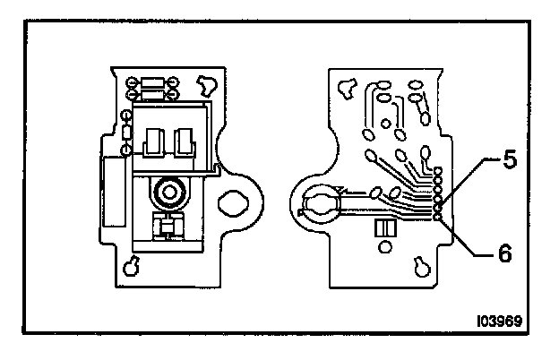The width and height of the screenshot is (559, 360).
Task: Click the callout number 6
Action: [x=505, y=253]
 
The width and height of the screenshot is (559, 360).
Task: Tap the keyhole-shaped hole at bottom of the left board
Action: [x=132, y=265]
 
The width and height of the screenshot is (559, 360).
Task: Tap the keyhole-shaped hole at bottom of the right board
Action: [x=421, y=265]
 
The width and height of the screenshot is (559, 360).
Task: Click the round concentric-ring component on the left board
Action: [x=167, y=192]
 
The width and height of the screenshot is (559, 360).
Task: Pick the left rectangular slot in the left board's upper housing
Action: [x=153, y=141]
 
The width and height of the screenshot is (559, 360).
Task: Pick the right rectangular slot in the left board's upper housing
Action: [x=185, y=141]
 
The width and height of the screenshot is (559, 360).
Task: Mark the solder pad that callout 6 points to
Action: [x=437, y=216]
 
